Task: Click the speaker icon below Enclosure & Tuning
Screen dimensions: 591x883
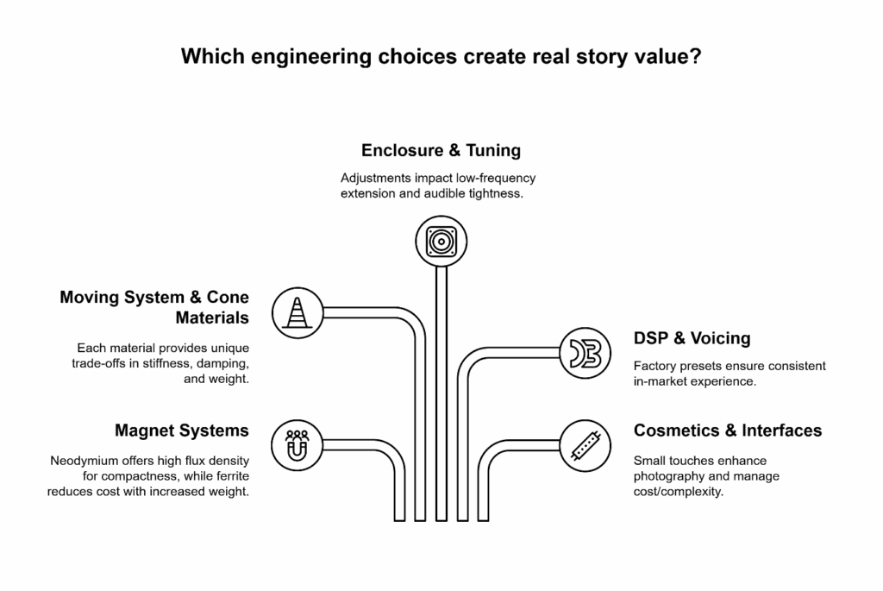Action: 441,240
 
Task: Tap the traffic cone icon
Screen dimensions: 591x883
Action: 297,311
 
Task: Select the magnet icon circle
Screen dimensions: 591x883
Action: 297,445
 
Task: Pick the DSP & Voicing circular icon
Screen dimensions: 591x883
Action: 586,353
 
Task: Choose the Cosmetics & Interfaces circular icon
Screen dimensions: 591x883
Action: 586,445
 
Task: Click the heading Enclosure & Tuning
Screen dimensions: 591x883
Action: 441,150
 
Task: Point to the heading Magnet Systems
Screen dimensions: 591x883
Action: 182,430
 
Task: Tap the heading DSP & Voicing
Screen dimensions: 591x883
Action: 692,338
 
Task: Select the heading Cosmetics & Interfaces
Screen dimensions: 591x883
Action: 728,430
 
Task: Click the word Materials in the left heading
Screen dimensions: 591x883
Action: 212,318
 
